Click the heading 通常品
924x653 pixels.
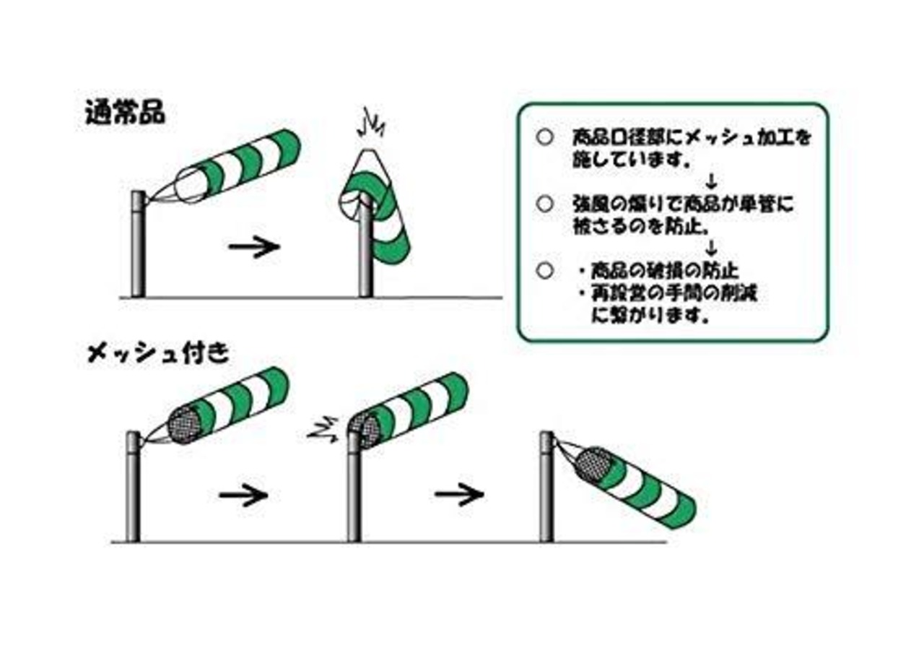click(x=124, y=113)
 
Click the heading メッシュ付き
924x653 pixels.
click(x=158, y=353)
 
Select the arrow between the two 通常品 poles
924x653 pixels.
click(x=253, y=247)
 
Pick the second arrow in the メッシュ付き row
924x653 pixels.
click(x=458, y=495)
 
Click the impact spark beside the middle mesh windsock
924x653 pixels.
click(x=321, y=429)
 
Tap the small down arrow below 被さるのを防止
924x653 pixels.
click(x=712, y=249)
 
